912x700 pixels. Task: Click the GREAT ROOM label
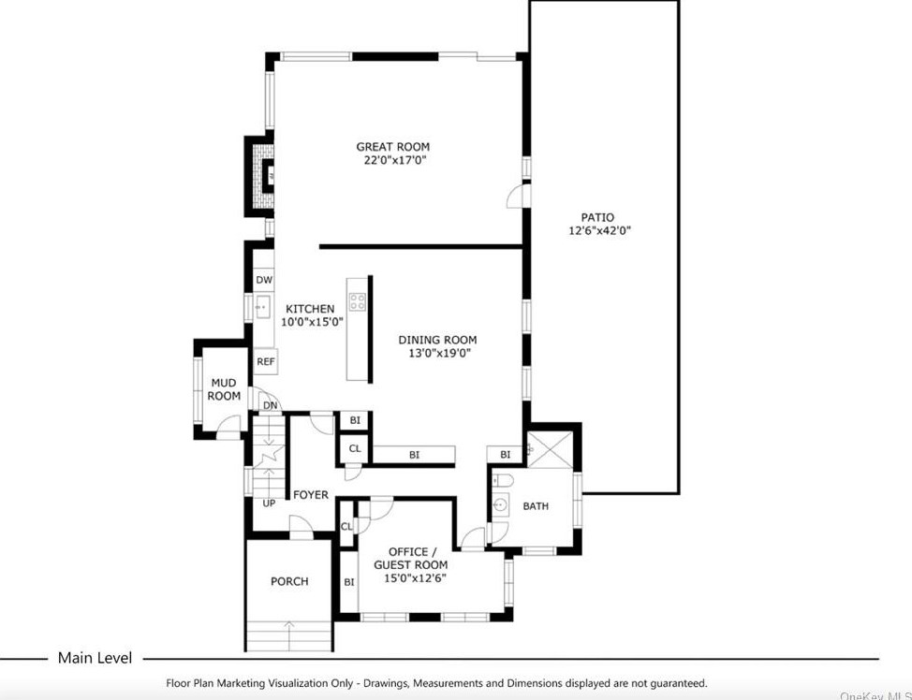[x=392, y=147]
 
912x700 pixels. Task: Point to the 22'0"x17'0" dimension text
[x=392, y=161]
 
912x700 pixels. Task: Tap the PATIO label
[x=596, y=217]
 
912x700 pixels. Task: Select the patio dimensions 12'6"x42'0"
[x=600, y=231]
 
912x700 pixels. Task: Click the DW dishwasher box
[x=264, y=280]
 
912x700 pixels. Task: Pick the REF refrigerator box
[x=266, y=361]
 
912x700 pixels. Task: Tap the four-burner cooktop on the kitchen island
[x=358, y=301]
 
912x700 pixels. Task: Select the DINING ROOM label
[x=437, y=340]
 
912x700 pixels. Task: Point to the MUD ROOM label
[x=224, y=389]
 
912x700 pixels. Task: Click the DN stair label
[x=270, y=405]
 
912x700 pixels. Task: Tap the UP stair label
[x=269, y=503]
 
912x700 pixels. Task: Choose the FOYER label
[x=311, y=494]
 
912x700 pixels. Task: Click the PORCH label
[x=289, y=581]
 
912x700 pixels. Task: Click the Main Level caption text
[x=95, y=658]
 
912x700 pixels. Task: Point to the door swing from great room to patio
[x=514, y=196]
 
